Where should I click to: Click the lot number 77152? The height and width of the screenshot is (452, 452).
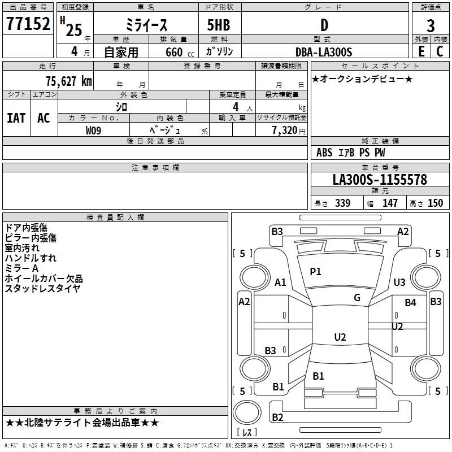pyautogui.click(x=28, y=24)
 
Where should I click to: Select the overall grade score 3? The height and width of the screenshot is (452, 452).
pyautogui.click(x=431, y=25)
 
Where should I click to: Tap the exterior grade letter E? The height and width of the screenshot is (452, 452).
pyautogui.click(x=421, y=51)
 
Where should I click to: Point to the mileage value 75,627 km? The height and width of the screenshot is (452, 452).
pyautogui.click(x=69, y=81)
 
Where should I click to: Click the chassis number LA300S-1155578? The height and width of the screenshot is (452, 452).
pyautogui.click(x=380, y=180)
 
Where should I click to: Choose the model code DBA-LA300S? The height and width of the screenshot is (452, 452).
pyautogui.click(x=324, y=52)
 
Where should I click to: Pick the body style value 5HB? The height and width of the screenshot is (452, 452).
pyautogui.click(x=219, y=25)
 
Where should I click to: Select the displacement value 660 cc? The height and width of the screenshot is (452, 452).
pyautogui.click(x=180, y=53)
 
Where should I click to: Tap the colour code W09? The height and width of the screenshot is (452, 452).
pyautogui.click(x=93, y=131)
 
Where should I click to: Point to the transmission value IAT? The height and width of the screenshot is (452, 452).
pyautogui.click(x=16, y=118)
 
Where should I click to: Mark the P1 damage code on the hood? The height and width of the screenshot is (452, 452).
pyautogui.click(x=315, y=271)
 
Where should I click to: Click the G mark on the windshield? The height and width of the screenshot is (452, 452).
pyautogui.click(x=357, y=297)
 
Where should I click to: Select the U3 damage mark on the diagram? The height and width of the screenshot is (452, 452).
pyautogui.click(x=399, y=282)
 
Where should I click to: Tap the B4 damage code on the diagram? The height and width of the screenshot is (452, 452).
pyautogui.click(x=411, y=303)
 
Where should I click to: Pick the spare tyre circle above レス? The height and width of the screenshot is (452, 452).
pyautogui.click(x=247, y=412)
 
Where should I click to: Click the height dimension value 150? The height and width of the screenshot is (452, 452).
pyautogui.click(x=435, y=203)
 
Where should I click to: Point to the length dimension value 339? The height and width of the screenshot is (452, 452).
pyautogui.click(x=343, y=203)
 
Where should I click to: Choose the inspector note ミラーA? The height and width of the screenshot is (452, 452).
pyautogui.click(x=21, y=268)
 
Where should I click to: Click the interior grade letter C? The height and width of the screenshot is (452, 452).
pyautogui.click(x=440, y=51)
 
